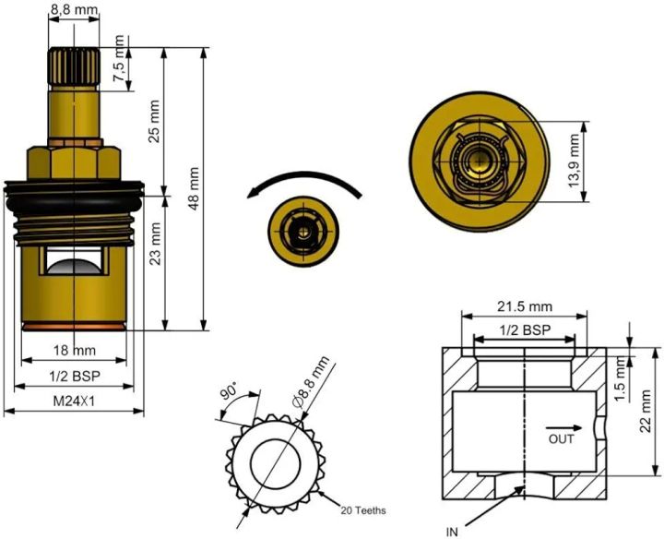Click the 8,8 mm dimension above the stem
(74, 8)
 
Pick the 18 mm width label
(74, 351)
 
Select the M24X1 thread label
(74, 401)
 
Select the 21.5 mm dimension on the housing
(524, 305)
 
